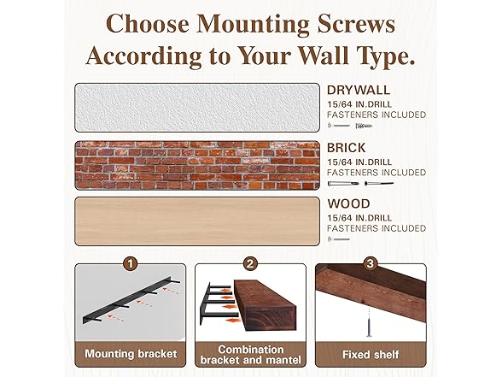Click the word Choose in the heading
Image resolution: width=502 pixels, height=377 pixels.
(x=148, y=23)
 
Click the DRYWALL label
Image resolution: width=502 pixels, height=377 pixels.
(x=359, y=90)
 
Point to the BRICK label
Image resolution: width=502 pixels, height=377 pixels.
(x=347, y=148)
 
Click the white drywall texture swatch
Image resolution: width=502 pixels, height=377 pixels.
(x=197, y=107)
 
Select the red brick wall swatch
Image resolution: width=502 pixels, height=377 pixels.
(x=197, y=165)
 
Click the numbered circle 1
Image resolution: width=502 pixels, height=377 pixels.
(x=130, y=264)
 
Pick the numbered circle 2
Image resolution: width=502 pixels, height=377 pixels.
(x=251, y=264)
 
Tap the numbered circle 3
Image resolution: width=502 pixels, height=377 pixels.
(x=371, y=264)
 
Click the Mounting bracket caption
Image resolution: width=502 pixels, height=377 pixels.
(x=131, y=353)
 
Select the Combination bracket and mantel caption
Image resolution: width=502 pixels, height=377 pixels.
(x=250, y=353)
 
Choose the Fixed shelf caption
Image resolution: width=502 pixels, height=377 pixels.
(x=371, y=353)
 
